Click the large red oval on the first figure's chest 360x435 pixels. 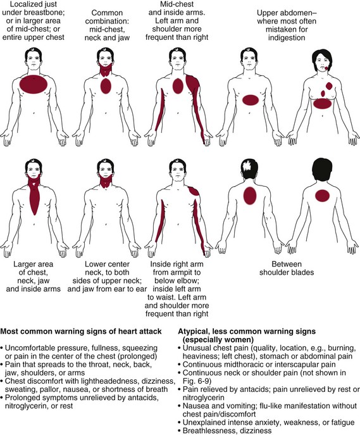(34, 84)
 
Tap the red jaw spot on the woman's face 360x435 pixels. (326, 68)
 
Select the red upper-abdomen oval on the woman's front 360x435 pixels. (322, 104)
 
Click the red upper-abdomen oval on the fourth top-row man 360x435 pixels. (251, 100)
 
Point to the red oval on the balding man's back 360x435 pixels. (250, 196)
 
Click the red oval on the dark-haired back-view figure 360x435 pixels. (322, 196)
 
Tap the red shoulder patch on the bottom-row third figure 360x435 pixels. (194, 191)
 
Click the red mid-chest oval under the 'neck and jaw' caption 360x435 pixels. (106, 86)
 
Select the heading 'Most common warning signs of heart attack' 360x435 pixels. (81, 331)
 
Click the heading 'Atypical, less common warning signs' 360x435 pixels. (247, 331)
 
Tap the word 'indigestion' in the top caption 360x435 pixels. (287, 37)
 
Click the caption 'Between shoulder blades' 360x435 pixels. (287, 268)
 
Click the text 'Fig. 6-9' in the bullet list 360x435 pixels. (197, 381)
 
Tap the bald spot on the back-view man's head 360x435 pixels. (246, 166)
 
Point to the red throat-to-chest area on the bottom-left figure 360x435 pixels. (34, 195)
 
